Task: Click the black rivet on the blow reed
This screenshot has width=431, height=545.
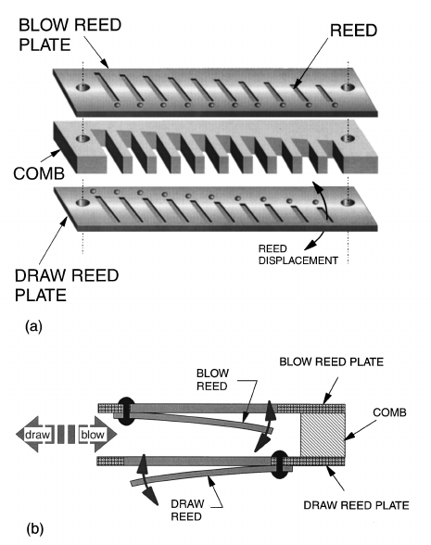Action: coord(125,410)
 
